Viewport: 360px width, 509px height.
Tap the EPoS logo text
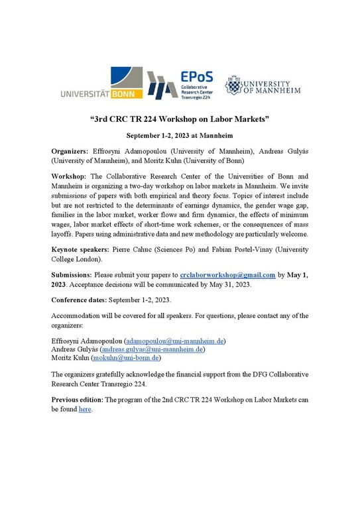(196, 77)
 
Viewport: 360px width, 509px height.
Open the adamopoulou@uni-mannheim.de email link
(175, 341)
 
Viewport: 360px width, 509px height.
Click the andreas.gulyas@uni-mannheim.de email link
(152, 349)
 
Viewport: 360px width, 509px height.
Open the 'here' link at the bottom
(85, 409)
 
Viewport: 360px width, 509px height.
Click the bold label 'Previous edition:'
(78, 400)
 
